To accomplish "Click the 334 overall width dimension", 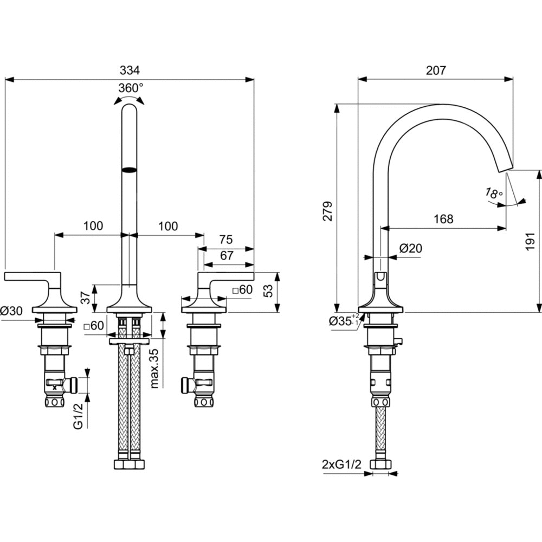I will tap(130, 70).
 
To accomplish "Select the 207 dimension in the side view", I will tap(435, 70).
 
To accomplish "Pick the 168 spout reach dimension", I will tap(443, 219).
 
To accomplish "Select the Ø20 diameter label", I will tap(410, 248).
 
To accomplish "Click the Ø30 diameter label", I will tap(11, 311).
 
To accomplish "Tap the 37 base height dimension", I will tap(85, 298).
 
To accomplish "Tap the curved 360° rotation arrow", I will tap(130, 98).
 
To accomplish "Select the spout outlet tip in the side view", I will tap(506, 169).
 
